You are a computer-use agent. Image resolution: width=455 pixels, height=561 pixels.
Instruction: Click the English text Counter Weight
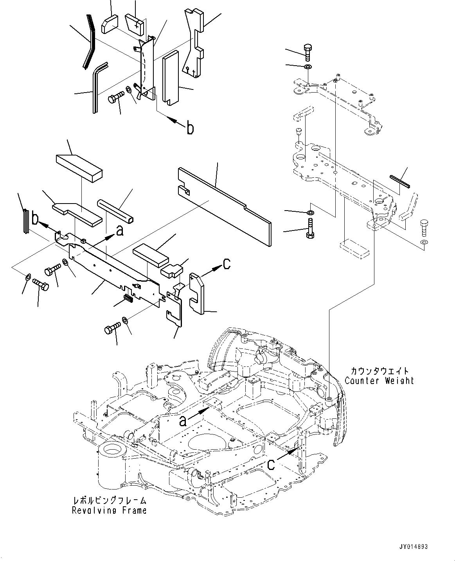click(379, 380)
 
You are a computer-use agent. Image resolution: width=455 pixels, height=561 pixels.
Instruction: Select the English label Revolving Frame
click(109, 510)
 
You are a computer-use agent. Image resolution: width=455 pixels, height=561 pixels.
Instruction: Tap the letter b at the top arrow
click(190, 128)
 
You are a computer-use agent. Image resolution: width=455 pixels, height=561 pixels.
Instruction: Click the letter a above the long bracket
click(120, 231)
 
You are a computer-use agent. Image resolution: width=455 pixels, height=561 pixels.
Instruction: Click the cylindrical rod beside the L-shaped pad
click(116, 211)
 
